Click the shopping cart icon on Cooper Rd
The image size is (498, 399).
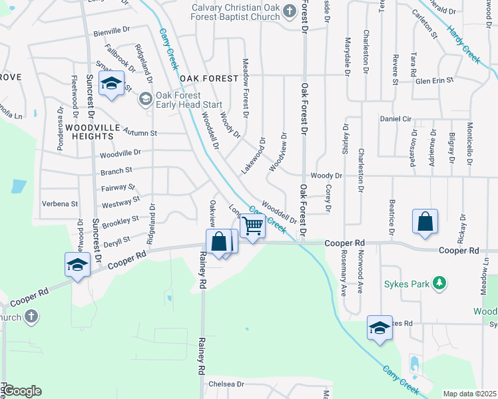[x=253, y=226]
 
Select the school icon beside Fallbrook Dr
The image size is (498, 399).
[x=112, y=84]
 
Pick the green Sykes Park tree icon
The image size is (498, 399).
[x=439, y=284]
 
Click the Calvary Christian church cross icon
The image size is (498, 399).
[x=288, y=11]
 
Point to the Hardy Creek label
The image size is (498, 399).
[x=464, y=46]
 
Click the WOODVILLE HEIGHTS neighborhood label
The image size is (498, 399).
[x=85, y=131]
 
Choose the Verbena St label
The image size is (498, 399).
[x=60, y=203]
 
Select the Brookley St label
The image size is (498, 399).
[x=121, y=219]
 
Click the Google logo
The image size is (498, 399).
[x=22, y=391]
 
